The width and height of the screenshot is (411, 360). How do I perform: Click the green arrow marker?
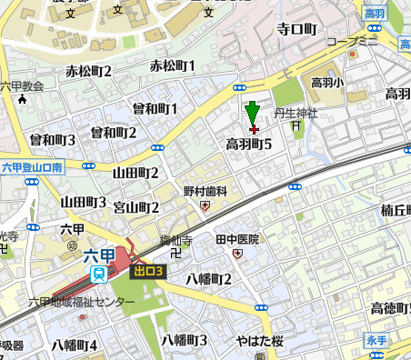tap(253, 114)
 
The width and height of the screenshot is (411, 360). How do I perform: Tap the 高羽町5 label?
tap(249, 144)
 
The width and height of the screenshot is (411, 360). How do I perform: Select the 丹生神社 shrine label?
tap(295, 114)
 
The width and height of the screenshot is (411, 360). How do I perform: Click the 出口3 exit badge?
tap(146, 270)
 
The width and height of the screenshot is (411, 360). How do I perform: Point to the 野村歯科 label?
tap(205, 192)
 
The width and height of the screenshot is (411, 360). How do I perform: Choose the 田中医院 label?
tap(237, 239)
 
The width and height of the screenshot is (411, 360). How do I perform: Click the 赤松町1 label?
tap(173, 66)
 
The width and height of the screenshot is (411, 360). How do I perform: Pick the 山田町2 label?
tap(135, 173)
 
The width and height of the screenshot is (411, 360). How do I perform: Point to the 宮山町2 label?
tap(136, 207)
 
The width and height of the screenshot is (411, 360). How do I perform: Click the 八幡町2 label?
tap(208, 278)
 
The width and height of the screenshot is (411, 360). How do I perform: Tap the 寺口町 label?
tap(296, 30)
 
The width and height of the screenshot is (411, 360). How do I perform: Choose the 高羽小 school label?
tap(327, 82)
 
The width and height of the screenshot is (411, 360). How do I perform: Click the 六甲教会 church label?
tap(22, 86)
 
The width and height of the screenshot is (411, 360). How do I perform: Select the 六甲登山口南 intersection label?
tap(32, 167)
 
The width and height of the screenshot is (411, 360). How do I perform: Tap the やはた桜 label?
tap(261, 343)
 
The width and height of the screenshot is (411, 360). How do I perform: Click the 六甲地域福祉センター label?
tap(82, 302)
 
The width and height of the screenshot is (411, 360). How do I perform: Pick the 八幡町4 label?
tap(74, 345)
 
